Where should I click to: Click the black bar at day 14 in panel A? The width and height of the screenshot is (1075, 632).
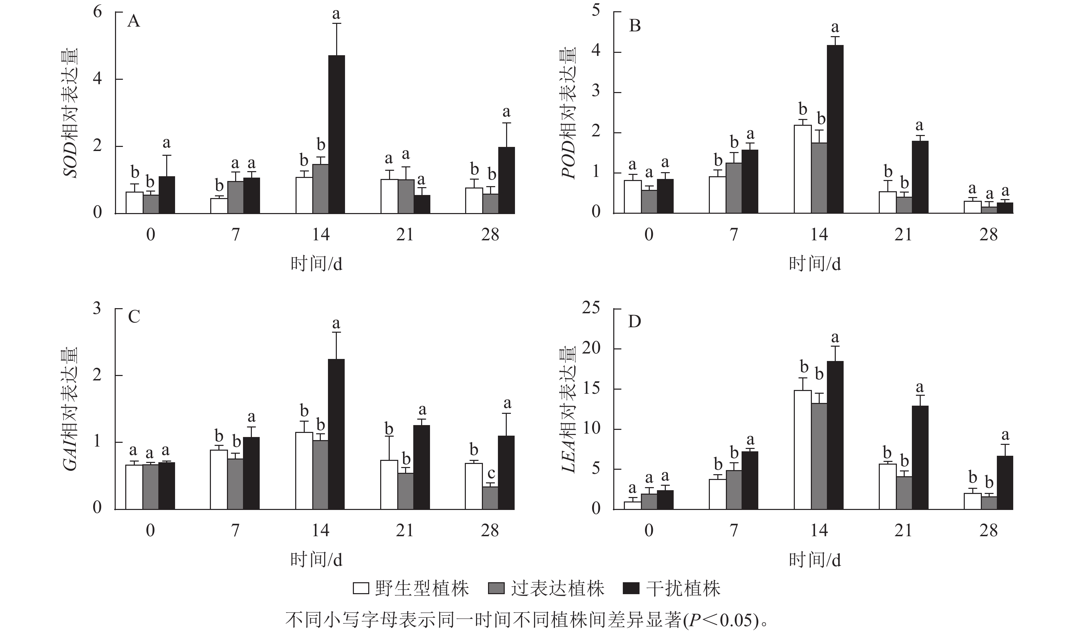[336, 134]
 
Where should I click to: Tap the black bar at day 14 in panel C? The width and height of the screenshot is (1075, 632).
[336, 434]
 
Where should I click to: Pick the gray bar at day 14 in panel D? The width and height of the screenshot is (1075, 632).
[819, 456]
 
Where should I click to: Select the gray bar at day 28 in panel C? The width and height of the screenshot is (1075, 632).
[490, 498]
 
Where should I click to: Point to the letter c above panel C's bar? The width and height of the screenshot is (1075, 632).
[491, 473]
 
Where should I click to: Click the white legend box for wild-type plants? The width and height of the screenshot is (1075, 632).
[360, 588]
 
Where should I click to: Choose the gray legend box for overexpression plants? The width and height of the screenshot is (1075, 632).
[496, 588]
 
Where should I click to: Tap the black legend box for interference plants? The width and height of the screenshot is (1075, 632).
[631, 588]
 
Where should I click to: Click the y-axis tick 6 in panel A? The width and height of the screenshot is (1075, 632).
[98, 12]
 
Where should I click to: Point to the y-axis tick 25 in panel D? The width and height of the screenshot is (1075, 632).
[590, 308]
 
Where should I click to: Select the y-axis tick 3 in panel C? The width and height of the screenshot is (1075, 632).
[97, 308]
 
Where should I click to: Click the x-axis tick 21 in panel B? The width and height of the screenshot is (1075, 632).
[903, 235]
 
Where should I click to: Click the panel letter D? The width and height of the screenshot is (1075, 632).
[635, 322]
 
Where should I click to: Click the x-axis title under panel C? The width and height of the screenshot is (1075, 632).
[316, 559]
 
